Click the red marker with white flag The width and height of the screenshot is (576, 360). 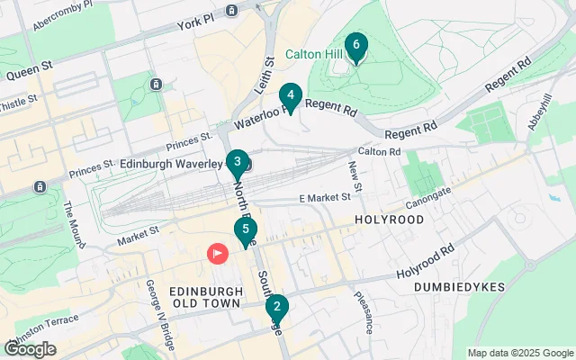point(218,254)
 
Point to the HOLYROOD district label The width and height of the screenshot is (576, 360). point(388,219)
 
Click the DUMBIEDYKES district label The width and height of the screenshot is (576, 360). point(454,286)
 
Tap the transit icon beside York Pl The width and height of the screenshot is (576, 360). point(231,11)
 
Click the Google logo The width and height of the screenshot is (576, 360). point(31,349)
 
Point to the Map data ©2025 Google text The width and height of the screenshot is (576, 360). point(519,353)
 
